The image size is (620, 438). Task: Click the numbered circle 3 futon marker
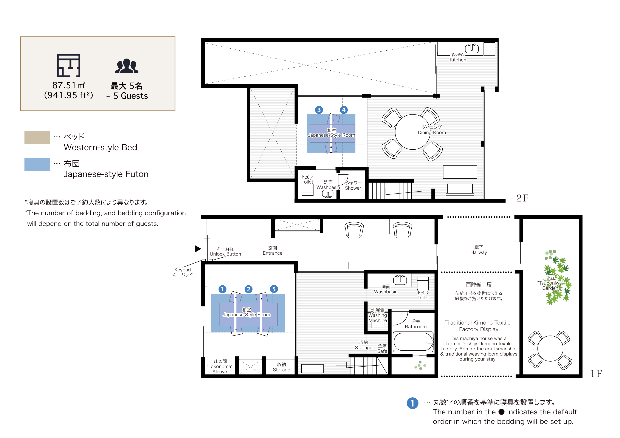319,110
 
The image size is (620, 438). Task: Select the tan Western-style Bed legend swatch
37,138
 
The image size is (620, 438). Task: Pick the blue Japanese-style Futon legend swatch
37,164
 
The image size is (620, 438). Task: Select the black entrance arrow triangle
198,249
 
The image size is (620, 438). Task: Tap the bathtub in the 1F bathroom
413,342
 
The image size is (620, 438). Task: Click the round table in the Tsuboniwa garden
550,349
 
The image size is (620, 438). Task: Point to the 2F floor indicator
522,198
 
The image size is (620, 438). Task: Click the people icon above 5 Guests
126,66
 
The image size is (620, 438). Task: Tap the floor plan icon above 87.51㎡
69,65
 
